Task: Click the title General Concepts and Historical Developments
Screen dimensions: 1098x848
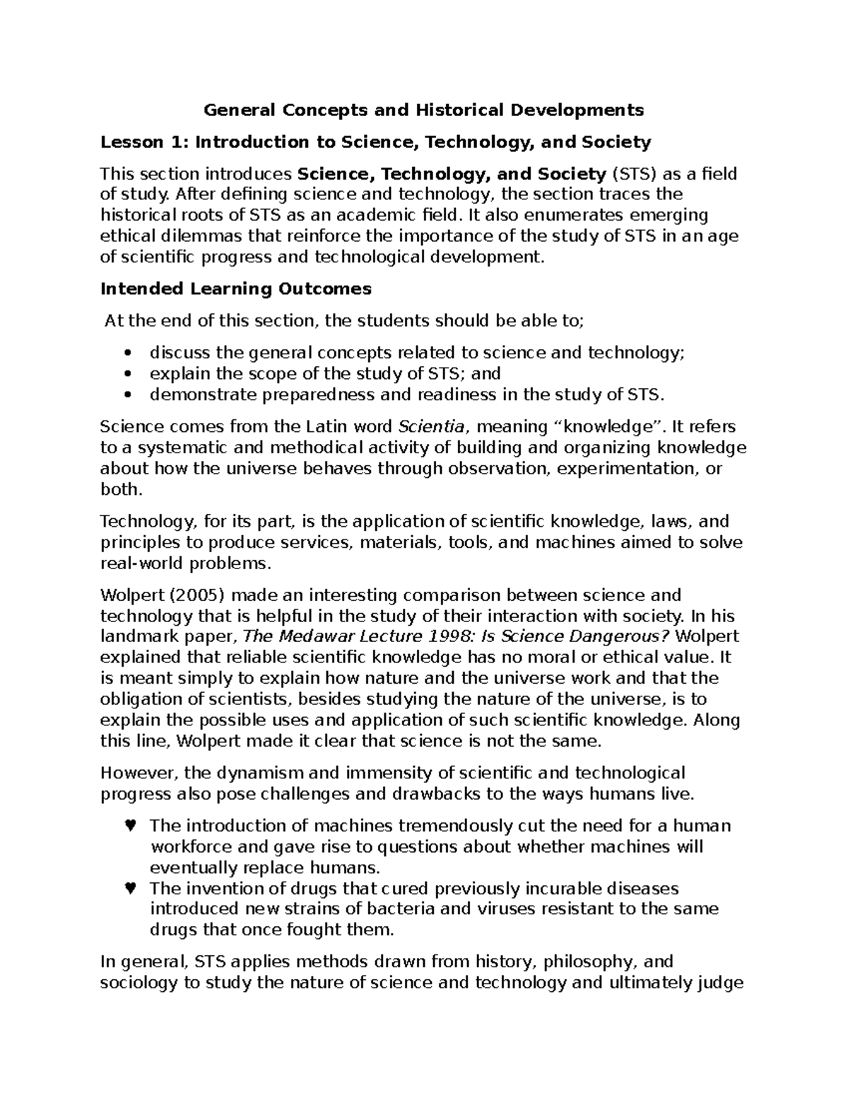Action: click(423, 110)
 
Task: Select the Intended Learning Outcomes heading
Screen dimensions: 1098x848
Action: click(235, 288)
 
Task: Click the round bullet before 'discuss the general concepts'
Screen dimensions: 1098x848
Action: click(128, 353)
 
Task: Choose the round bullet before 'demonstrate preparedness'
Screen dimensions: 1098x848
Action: click(128, 395)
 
